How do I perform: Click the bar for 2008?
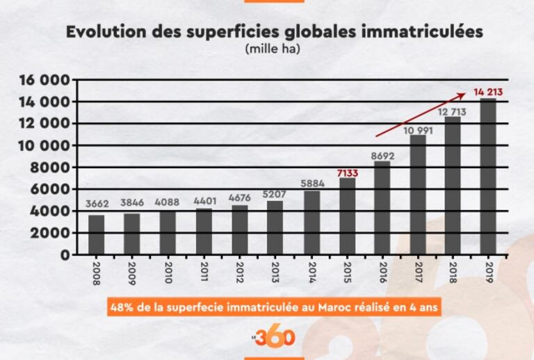[97, 235]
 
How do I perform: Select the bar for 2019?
[488, 177]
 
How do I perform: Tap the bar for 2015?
[346, 216]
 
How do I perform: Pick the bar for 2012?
[239, 229]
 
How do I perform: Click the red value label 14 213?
[488, 91]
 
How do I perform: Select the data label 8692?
[382, 156]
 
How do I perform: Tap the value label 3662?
[97, 204]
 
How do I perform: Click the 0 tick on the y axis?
[65, 255]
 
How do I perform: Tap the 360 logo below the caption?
[278, 337]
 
